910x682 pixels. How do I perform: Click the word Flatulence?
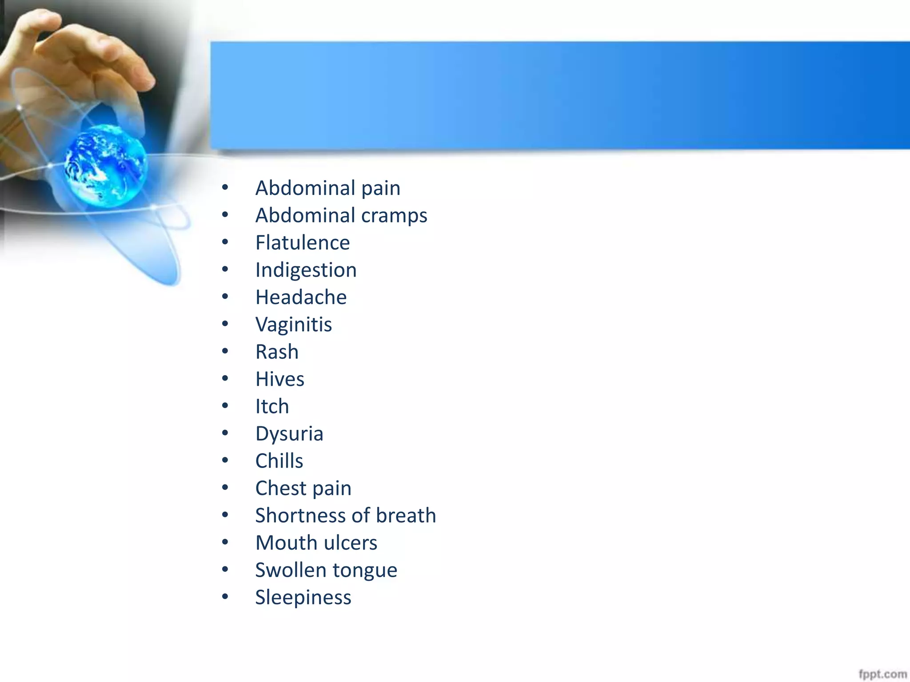click(x=302, y=243)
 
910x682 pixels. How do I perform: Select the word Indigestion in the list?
click(x=306, y=270)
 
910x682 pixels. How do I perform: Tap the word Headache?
click(x=301, y=297)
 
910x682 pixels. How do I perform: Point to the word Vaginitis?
click(x=293, y=325)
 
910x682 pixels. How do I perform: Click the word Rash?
click(x=277, y=352)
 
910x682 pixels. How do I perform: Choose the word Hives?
click(x=279, y=379)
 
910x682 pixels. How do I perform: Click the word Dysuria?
click(x=289, y=434)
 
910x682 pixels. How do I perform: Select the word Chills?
click(x=279, y=461)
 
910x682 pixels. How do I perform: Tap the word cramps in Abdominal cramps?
click(x=394, y=216)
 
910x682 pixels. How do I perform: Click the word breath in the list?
click(x=406, y=515)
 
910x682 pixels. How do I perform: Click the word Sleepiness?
click(x=303, y=598)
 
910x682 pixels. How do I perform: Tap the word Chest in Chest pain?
click(x=281, y=488)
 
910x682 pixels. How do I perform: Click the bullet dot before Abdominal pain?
click(x=225, y=188)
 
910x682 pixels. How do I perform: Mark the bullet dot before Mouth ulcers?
click(x=225, y=542)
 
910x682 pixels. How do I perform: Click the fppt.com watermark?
click(x=882, y=674)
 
